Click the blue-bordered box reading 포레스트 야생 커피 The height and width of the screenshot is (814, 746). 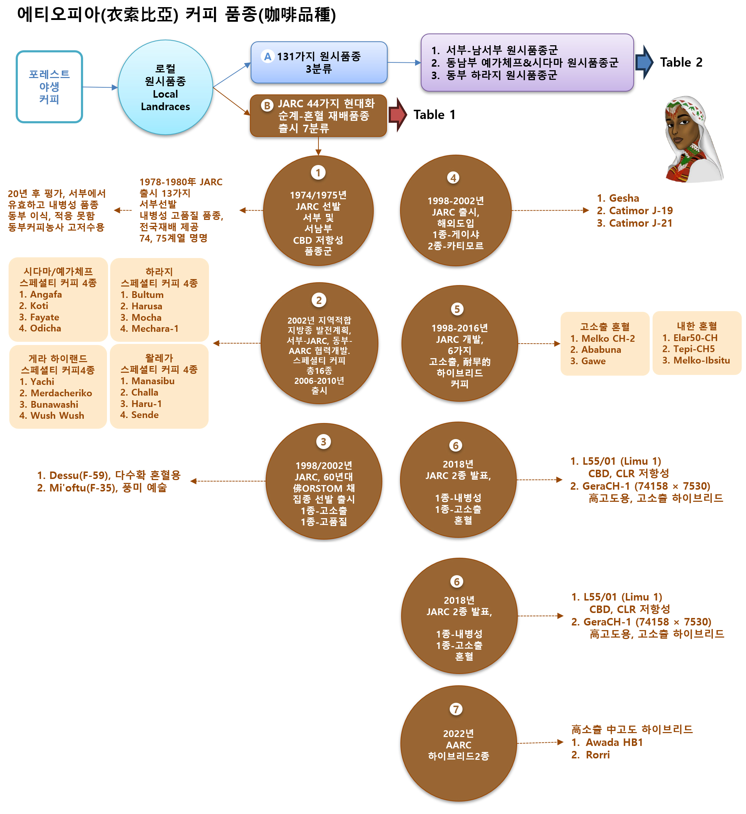coord(49,87)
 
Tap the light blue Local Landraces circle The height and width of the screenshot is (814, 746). coord(165,87)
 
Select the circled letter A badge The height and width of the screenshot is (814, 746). coord(267,57)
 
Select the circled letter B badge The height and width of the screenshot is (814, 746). coord(267,106)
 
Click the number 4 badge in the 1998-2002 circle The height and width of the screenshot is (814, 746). coord(453,177)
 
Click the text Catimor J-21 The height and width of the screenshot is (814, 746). coord(640,223)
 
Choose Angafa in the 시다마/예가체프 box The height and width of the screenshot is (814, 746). coord(46,295)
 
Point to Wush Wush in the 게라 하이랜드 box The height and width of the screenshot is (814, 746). coord(57,416)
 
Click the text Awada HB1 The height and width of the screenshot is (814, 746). coord(614,742)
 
